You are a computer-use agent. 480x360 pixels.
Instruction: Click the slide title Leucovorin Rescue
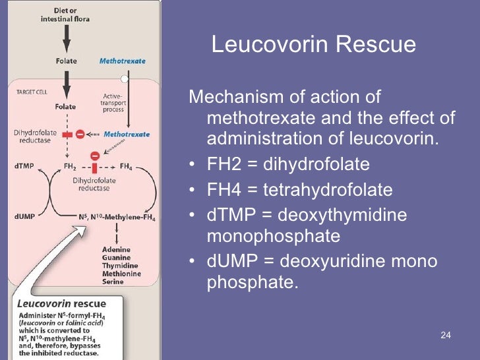[x=313, y=44]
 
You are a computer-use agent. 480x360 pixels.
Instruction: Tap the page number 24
[x=445, y=336]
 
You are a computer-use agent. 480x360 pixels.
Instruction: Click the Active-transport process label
[x=113, y=104]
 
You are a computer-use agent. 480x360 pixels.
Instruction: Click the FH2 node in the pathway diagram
[x=69, y=167]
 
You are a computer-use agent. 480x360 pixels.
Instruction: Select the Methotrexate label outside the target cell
[x=122, y=61]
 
